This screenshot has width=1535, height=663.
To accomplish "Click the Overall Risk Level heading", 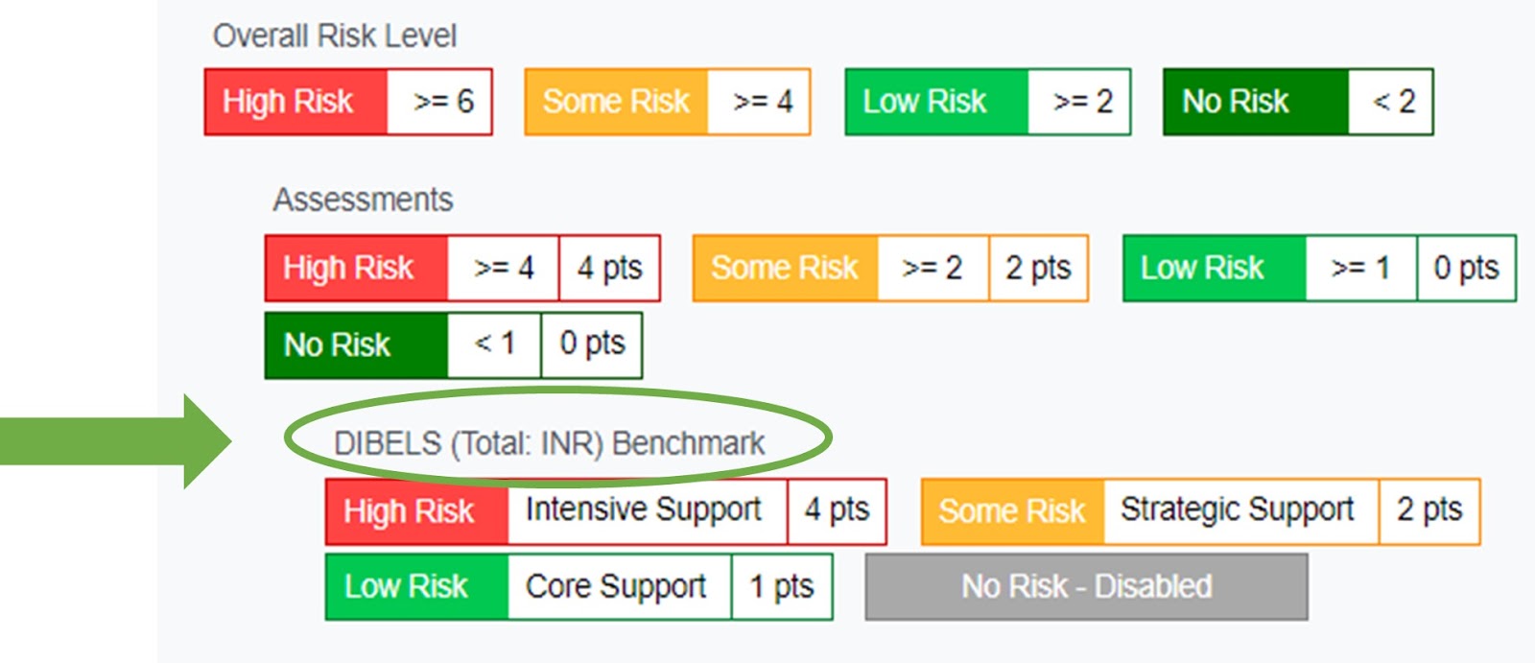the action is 335,36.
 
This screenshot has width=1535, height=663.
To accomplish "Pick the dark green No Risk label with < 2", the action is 1256,102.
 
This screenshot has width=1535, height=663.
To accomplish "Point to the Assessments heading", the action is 363,200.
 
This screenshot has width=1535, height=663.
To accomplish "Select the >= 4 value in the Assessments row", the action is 503,268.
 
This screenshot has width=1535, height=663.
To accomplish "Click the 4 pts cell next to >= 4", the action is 610,268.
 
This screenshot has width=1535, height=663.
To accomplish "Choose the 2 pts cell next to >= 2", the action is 1038,268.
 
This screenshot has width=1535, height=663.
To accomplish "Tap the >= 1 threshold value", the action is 1361,268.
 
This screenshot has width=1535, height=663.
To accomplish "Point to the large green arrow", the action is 115,441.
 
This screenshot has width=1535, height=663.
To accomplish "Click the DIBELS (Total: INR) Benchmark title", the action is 549,443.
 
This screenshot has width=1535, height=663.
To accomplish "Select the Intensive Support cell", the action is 647,511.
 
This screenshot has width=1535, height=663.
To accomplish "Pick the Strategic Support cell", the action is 1241,511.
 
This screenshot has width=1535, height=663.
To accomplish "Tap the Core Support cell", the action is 620,587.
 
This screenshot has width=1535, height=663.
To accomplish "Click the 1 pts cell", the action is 782,587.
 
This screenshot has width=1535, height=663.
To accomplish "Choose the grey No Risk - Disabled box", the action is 1086,587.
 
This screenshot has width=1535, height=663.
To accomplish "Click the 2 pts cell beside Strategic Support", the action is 1429,511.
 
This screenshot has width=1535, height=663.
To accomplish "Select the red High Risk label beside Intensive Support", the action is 416,511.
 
